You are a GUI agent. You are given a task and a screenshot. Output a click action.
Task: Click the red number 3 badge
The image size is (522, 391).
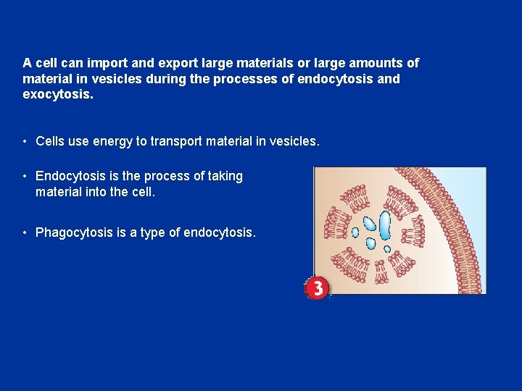pyautogui.click(x=317, y=287)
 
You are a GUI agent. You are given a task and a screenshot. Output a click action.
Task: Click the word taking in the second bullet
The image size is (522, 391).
pyautogui.click(x=221, y=176)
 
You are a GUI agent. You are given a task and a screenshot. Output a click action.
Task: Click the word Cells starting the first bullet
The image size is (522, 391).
pyautogui.click(x=50, y=141)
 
